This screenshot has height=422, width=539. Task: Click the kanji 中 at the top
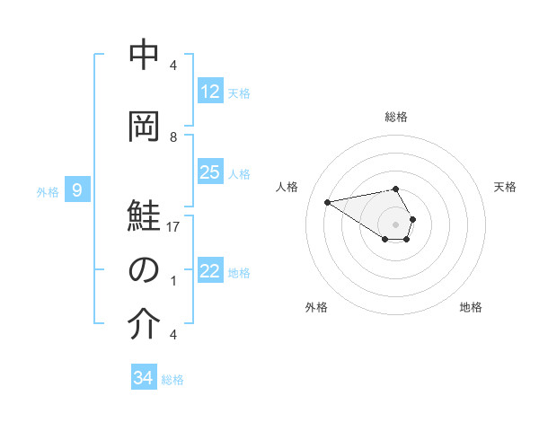(x=144, y=57)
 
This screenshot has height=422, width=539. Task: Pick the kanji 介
(x=144, y=324)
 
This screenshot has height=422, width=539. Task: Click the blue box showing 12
(x=210, y=92)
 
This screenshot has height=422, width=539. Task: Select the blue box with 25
(x=210, y=172)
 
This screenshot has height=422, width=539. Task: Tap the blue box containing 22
(x=210, y=271)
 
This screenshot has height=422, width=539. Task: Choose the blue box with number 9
(x=78, y=189)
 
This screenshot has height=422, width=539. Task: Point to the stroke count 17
(x=173, y=227)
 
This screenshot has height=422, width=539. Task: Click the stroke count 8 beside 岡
(x=173, y=137)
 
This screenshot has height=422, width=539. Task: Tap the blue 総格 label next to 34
(x=172, y=380)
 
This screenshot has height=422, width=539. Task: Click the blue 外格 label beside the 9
(x=48, y=191)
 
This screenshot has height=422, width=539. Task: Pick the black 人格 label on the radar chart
(x=287, y=187)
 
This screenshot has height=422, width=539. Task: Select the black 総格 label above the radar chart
(x=396, y=117)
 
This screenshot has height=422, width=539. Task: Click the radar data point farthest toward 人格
(x=328, y=201)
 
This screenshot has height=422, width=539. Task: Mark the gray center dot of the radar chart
(x=396, y=224)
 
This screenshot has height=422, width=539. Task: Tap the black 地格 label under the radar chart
(x=471, y=307)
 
